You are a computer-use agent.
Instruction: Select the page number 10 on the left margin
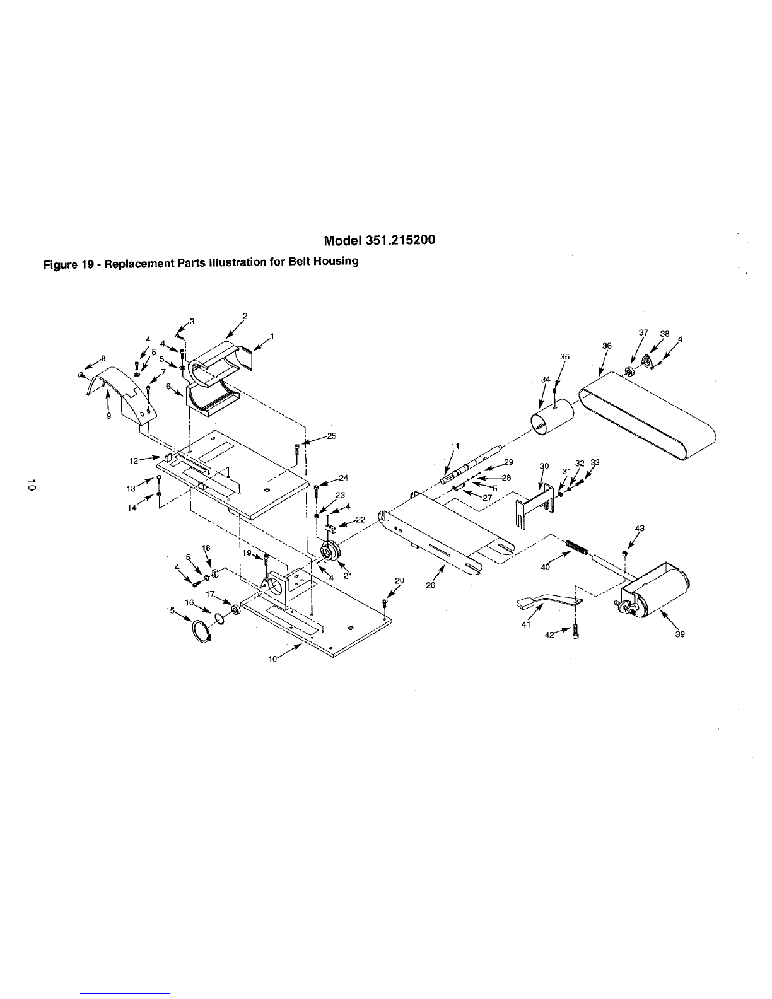[x=32, y=484]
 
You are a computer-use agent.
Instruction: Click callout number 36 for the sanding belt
[x=607, y=345]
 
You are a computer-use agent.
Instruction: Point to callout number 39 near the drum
[x=680, y=634]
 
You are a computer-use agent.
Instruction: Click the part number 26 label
[x=430, y=586]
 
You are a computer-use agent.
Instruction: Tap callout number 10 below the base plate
[x=272, y=659]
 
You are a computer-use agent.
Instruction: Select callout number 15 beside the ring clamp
[x=170, y=610]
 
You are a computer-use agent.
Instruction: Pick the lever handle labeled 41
[x=547, y=602]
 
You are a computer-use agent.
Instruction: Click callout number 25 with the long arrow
[x=332, y=436]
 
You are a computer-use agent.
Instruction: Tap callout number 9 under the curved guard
[x=108, y=416]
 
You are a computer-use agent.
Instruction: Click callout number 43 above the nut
[x=640, y=529]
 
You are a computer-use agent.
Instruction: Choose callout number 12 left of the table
[x=134, y=460]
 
